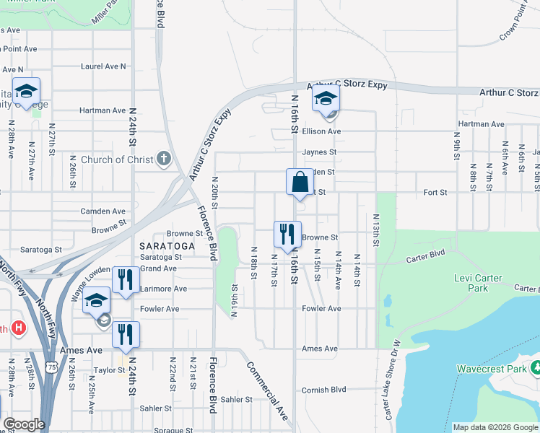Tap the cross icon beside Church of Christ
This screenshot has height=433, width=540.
(x=164, y=159)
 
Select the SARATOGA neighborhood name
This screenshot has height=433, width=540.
(x=167, y=246)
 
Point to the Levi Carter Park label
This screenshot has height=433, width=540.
(x=482, y=283)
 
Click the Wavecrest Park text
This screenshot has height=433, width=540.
(x=490, y=368)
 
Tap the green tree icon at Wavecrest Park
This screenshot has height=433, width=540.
(x=535, y=368)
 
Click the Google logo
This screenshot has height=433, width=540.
(x=23, y=424)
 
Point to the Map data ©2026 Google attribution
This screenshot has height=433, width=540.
(x=495, y=427)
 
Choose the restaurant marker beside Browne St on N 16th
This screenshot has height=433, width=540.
(x=287, y=234)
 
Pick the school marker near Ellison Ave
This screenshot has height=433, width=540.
(x=326, y=98)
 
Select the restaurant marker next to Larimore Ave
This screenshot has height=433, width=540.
(x=126, y=279)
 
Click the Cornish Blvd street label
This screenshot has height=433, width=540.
(x=326, y=389)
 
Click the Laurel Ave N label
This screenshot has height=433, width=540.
(x=103, y=66)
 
